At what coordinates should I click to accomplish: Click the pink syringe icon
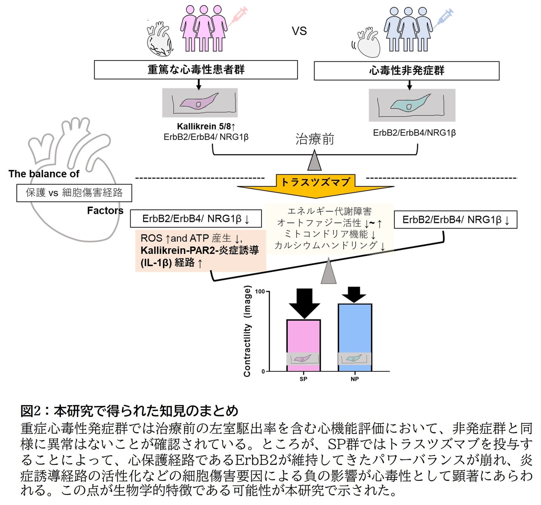pyautogui.click(x=238, y=16)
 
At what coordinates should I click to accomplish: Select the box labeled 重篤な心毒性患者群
pyautogui.click(x=196, y=70)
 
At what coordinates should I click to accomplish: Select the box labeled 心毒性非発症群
pyautogui.click(x=406, y=71)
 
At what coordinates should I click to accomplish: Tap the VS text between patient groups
pyautogui.click(x=299, y=31)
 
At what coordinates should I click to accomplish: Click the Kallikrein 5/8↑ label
pyautogui.click(x=206, y=126)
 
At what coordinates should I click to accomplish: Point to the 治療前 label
pyautogui.click(x=315, y=139)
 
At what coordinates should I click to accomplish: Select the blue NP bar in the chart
pyautogui.click(x=355, y=329)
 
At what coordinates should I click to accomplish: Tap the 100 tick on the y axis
pyautogui.click(x=260, y=292)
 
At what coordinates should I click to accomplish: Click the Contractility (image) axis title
pyautogui.click(x=247, y=331)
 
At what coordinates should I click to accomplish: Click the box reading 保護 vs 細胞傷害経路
pyautogui.click(x=74, y=193)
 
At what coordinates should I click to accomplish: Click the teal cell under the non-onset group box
pyautogui.click(x=410, y=104)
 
